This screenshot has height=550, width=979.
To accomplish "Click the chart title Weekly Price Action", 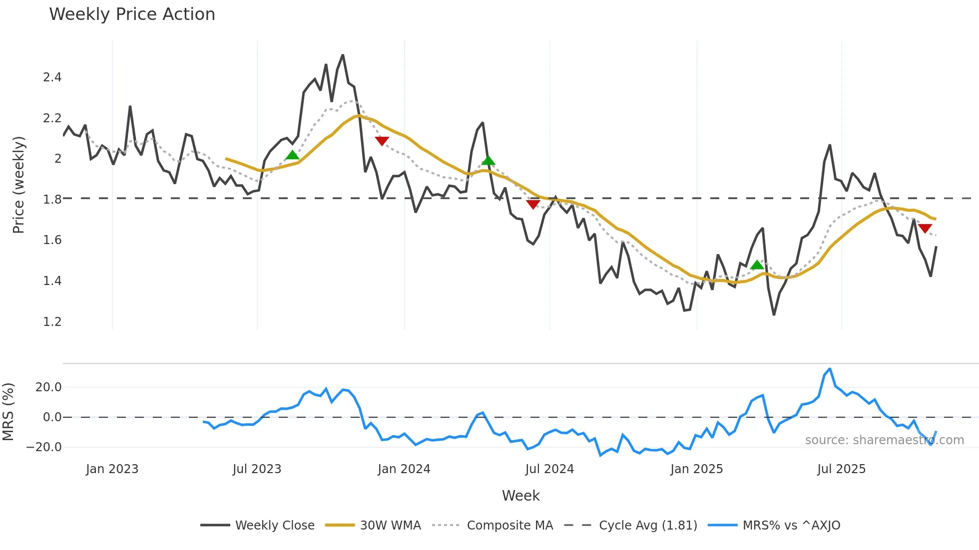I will pyautogui.click(x=132, y=14).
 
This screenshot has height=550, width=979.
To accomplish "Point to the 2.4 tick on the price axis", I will pyautogui.click(x=52, y=77).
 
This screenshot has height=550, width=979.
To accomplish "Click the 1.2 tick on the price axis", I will pyautogui.click(x=52, y=322).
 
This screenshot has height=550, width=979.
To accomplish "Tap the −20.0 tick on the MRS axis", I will pyautogui.click(x=44, y=447).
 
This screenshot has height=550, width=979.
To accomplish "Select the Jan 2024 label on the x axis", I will pyautogui.click(x=404, y=469).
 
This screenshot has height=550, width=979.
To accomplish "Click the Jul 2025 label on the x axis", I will pyautogui.click(x=841, y=469).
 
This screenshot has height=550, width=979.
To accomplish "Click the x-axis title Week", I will pyautogui.click(x=520, y=496).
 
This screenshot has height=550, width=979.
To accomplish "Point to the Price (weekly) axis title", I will pyautogui.click(x=18, y=185).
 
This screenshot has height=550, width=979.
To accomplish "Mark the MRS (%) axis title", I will pyautogui.click(x=8, y=412).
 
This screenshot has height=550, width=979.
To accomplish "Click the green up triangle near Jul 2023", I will pyautogui.click(x=292, y=155).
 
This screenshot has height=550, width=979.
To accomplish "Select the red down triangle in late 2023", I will pyautogui.click(x=382, y=141).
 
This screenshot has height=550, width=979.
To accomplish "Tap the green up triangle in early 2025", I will pyautogui.click(x=757, y=265).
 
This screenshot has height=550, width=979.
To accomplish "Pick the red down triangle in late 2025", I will pyautogui.click(x=925, y=229).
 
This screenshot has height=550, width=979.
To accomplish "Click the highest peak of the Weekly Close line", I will pyautogui.click(x=343, y=55).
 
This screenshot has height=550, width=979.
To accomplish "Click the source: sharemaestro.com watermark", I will pyautogui.click(x=884, y=440).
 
